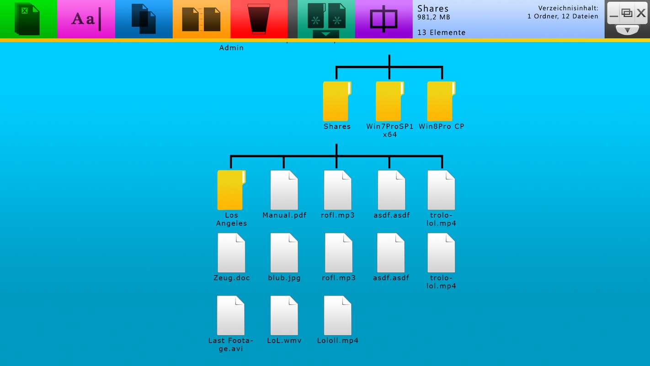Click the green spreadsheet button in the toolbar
(x=28, y=19)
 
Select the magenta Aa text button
(x=86, y=19)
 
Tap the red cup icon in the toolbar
(x=259, y=19)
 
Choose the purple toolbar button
(x=384, y=19)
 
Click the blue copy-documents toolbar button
(x=144, y=19)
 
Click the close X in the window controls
(x=641, y=13)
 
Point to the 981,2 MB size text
(x=434, y=17)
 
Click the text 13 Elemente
(x=441, y=32)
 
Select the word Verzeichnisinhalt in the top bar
(x=568, y=8)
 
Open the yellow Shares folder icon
(x=337, y=101)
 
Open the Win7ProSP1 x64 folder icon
(x=389, y=101)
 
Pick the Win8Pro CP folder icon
(x=441, y=101)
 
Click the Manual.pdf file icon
(x=284, y=190)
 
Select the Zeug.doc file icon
(x=231, y=253)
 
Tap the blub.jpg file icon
(x=284, y=253)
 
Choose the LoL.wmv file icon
(x=284, y=315)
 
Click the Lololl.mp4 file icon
(x=337, y=315)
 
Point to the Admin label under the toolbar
(x=231, y=48)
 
